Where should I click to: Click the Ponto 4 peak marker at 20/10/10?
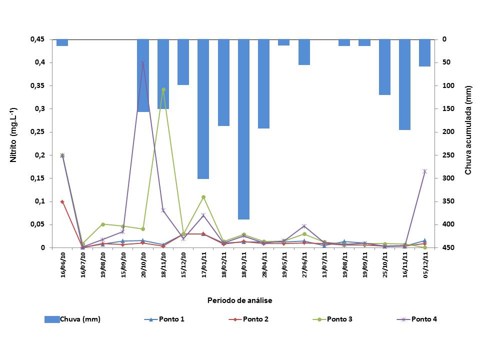[143, 62]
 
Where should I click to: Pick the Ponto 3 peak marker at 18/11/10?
[163, 89]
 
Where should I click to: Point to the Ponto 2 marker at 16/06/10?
[62, 201]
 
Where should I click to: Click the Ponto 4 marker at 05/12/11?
[424, 171]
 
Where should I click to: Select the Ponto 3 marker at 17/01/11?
[203, 197]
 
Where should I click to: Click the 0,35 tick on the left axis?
[37, 85]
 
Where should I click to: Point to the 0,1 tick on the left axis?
[40, 201]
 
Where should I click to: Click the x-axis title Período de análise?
[239, 300]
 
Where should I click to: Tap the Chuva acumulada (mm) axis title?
[468, 135]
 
